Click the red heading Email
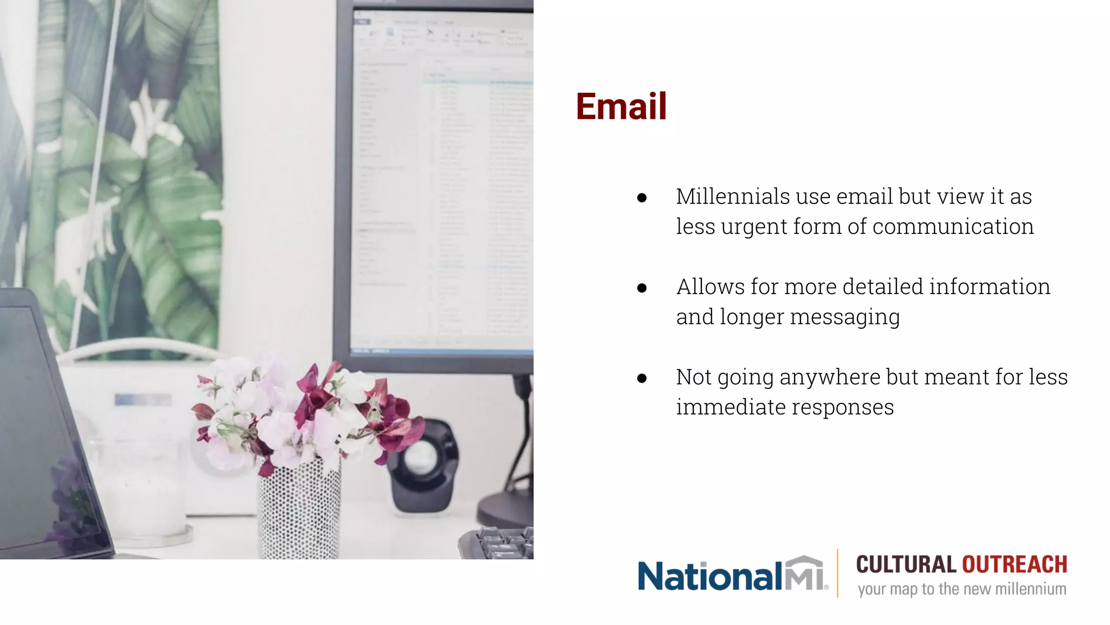point(621,106)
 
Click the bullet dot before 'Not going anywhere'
point(642,378)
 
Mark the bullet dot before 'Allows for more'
point(642,288)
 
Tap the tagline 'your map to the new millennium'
point(961,589)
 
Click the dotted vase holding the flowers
point(299,510)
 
